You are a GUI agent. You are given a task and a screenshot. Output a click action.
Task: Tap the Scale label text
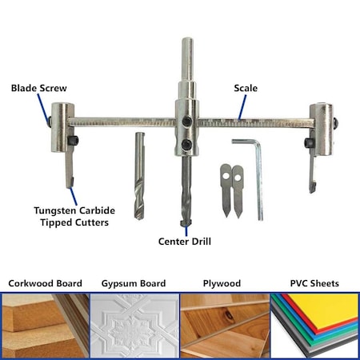click(x=245, y=88)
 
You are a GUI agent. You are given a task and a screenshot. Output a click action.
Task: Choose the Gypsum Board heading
click(x=134, y=283)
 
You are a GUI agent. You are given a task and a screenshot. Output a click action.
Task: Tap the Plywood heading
click(x=223, y=283)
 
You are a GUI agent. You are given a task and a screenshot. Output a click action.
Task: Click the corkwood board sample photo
click(x=45, y=325)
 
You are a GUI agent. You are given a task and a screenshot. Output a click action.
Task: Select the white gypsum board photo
click(x=134, y=325)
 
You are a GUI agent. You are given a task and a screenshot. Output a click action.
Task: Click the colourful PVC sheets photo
click(x=314, y=325)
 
